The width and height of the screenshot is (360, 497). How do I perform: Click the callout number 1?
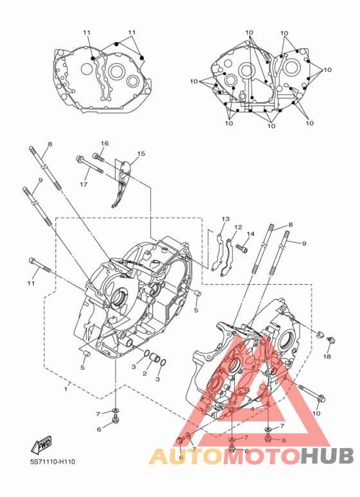pos(66,388)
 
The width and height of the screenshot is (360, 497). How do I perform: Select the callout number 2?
pos(145,374)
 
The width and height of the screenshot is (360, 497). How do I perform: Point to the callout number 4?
pos(252,409)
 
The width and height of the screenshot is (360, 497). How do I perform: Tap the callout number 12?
pos(238,227)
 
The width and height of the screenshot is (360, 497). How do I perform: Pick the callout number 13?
pos(226,219)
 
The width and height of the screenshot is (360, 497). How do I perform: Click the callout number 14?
pos(250,234)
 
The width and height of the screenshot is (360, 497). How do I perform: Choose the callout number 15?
pos(141,154)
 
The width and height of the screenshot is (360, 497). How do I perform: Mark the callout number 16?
pos(105,143)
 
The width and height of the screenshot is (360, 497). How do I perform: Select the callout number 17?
pos(84,184)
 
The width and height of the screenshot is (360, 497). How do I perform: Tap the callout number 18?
pos(327,356)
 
